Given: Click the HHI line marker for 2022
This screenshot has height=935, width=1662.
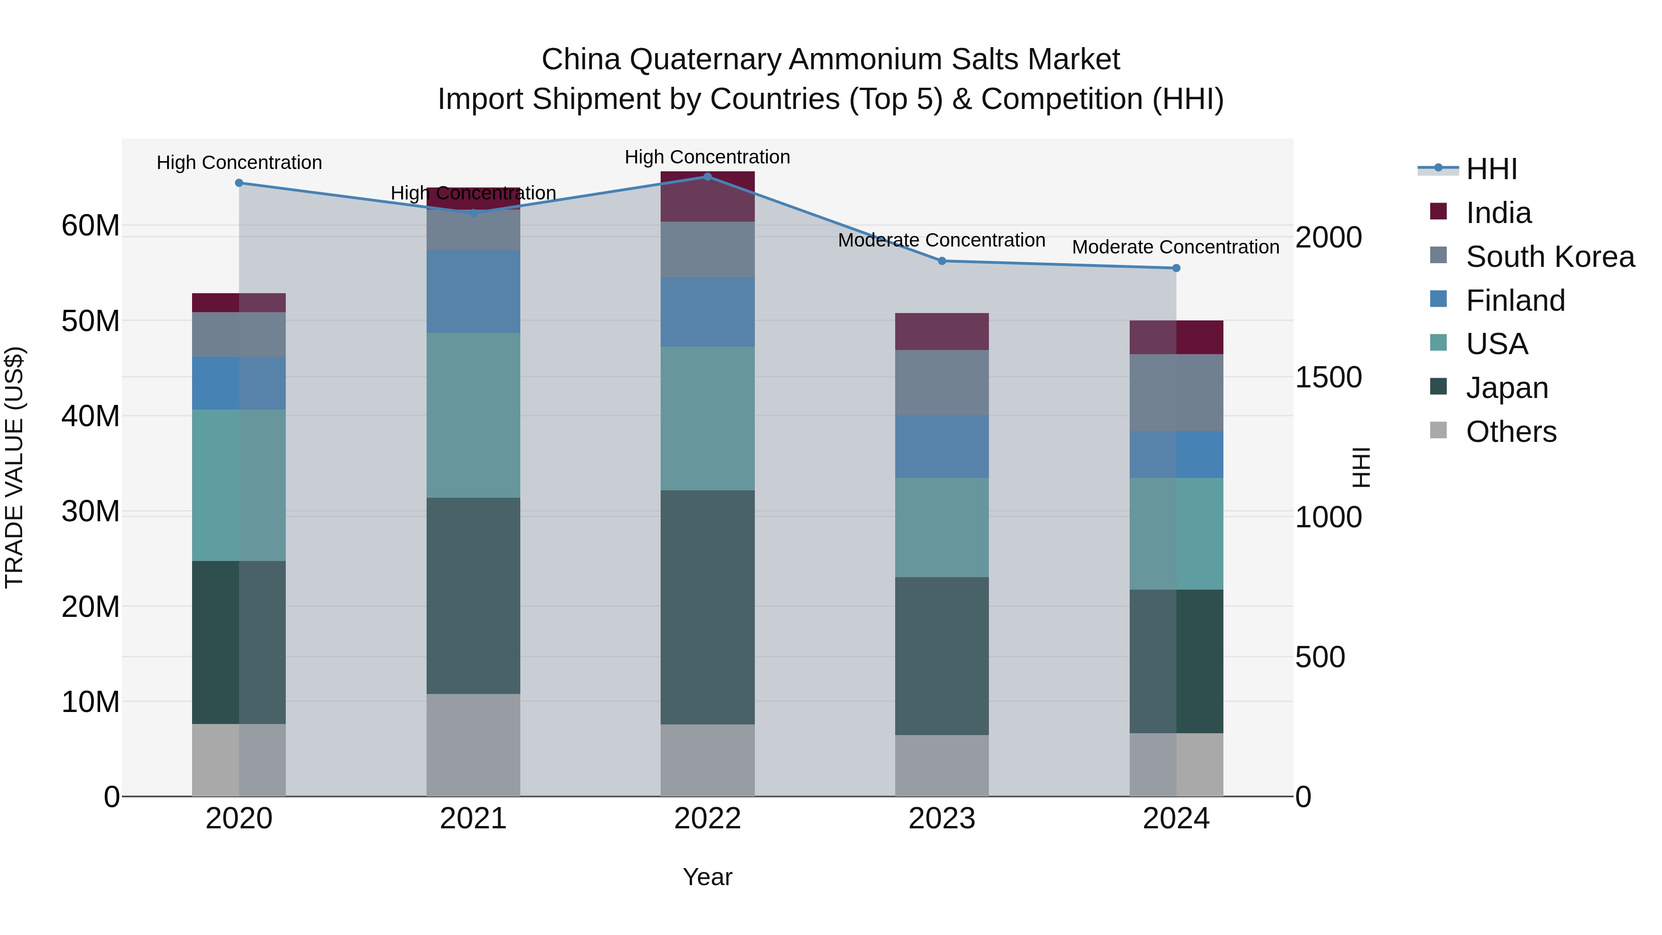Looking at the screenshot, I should (x=707, y=176).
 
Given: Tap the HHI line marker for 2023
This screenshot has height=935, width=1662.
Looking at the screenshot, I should (x=941, y=261).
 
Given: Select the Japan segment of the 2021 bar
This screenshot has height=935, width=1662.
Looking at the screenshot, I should (x=473, y=595).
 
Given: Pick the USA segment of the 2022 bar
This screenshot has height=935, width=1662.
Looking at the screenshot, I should (x=707, y=418).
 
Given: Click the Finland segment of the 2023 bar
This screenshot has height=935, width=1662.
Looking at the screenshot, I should (x=941, y=446).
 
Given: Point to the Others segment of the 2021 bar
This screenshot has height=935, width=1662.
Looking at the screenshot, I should (x=473, y=745).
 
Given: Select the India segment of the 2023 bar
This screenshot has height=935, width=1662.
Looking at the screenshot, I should (x=941, y=331).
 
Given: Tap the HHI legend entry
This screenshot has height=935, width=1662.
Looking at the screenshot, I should (x=1491, y=169).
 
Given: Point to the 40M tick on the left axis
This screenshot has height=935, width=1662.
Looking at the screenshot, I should (x=90, y=416).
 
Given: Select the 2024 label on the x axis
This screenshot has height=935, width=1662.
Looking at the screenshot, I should (x=1175, y=818).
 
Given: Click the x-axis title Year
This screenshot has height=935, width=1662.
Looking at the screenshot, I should (x=707, y=876).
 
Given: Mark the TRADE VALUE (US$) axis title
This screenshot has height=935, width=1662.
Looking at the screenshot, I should (x=14, y=467).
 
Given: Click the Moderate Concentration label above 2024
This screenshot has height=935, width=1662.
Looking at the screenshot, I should (x=1175, y=247).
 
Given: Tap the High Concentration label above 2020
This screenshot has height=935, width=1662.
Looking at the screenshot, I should (x=239, y=162).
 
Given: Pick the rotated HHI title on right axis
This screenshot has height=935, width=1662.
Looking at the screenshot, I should (x=1360, y=467).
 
